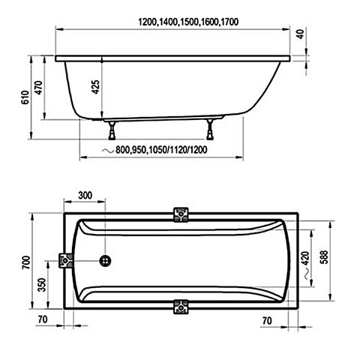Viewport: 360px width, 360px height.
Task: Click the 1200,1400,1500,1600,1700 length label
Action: coord(188,22)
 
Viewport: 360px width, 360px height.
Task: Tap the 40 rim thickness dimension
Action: coord(301,34)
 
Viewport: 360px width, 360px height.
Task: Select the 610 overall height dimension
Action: coord(25,97)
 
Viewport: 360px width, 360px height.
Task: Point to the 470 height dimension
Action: coord(38,88)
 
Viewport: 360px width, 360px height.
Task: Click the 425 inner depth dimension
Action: coord(96,87)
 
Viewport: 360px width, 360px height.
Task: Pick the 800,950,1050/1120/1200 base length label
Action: coord(161,150)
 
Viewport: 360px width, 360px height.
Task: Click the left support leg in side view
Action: coord(112,130)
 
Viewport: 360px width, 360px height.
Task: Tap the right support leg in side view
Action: coord(210,129)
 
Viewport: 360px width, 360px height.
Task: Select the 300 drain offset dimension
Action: coord(85,195)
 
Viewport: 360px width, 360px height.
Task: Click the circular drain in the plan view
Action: coord(105,261)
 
